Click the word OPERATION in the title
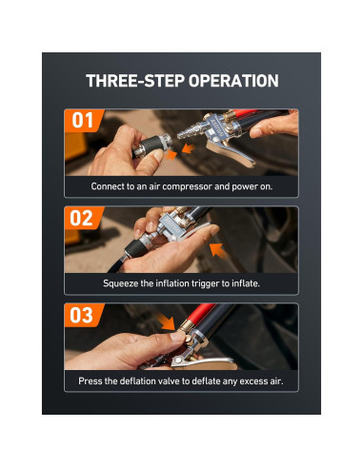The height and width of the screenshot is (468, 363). tap(233, 81)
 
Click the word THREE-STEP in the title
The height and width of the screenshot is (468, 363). tap(136, 81)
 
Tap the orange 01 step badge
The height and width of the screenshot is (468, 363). tap(83, 121)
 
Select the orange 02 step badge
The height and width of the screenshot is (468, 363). tap(83, 218)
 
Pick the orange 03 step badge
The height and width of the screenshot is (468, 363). tap(83, 315)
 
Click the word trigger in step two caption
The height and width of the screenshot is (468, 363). tap(204, 283)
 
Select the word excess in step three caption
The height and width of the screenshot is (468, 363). tap(253, 381)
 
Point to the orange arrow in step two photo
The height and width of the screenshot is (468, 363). tap(218, 250)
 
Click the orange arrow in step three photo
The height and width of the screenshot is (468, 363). tap(168, 322)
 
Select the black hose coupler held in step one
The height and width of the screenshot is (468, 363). tap(151, 146)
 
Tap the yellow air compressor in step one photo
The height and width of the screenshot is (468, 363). tap(74, 146)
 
